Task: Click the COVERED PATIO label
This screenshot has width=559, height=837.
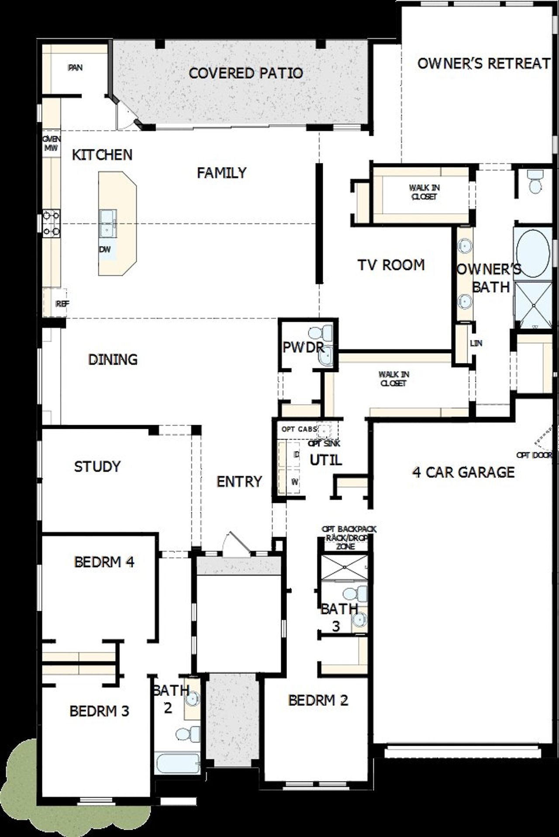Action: (x=246, y=73)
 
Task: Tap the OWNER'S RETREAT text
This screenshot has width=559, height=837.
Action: (x=483, y=63)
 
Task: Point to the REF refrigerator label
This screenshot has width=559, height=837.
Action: (x=62, y=303)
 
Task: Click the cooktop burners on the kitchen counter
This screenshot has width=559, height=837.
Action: (x=51, y=223)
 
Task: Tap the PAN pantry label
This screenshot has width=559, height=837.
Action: (x=76, y=68)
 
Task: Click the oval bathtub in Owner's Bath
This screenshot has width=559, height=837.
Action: (x=533, y=253)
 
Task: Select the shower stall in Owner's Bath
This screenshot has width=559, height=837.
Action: (x=533, y=305)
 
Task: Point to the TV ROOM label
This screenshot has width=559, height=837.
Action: (x=391, y=265)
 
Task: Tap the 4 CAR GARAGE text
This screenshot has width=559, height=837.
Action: (x=463, y=472)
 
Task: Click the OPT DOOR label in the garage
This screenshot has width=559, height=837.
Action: (x=534, y=455)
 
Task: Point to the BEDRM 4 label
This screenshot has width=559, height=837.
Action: (x=104, y=561)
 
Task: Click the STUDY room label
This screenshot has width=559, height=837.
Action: (x=97, y=466)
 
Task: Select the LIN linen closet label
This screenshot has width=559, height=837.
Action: (x=476, y=343)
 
